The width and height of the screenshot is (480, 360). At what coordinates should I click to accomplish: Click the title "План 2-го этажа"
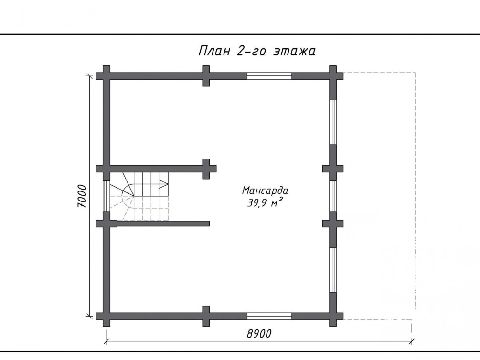click(257, 51)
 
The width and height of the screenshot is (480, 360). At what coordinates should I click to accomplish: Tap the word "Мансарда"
click(265, 191)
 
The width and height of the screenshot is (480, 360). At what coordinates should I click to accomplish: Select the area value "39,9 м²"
click(265, 202)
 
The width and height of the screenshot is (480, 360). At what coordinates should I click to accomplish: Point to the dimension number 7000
click(82, 196)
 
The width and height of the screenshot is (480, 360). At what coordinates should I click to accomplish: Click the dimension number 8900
click(259, 333)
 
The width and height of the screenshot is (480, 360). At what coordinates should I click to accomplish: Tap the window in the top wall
click(269, 76)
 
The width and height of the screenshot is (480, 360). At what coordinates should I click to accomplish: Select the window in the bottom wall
click(269, 316)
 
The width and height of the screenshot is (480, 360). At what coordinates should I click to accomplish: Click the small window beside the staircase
click(106, 196)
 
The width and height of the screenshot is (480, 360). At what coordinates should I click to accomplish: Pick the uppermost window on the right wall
click(333, 122)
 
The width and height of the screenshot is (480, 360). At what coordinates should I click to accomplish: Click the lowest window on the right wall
click(333, 270)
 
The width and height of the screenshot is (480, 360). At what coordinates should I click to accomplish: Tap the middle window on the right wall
click(333, 196)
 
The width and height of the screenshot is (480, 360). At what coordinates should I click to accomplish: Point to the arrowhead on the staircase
click(164, 184)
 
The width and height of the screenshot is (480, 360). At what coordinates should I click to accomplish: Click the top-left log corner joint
click(106, 76)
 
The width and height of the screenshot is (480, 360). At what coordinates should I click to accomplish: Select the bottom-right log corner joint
click(333, 316)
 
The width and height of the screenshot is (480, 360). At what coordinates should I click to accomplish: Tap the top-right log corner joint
click(333, 76)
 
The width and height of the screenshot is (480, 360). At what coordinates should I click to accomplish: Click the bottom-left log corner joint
click(106, 316)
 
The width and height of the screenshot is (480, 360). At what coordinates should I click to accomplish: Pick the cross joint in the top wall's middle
click(206, 76)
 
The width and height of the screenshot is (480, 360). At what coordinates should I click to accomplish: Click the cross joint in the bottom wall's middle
click(206, 316)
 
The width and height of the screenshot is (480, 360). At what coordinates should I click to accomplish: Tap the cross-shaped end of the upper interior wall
click(206, 169)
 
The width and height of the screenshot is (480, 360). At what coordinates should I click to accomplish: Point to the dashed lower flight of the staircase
click(139, 208)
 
